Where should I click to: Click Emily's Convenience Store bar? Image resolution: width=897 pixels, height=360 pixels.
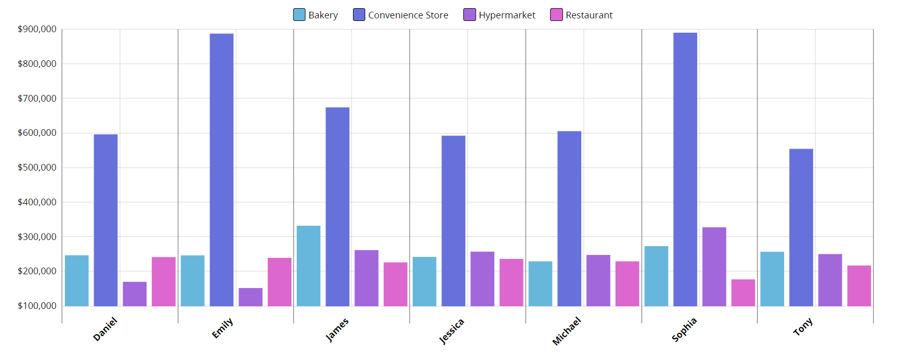pyautogui.click(x=222, y=170)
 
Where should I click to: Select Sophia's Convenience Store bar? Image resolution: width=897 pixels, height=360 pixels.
pyautogui.click(x=685, y=170)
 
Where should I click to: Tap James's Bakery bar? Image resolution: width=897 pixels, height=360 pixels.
pyautogui.click(x=309, y=266)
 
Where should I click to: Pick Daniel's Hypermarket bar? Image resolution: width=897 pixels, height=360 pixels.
pyautogui.click(x=135, y=294)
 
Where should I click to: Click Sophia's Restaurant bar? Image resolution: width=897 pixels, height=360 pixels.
pyautogui.click(x=743, y=293)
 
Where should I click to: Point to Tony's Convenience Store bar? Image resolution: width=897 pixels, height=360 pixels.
pyautogui.click(x=801, y=228)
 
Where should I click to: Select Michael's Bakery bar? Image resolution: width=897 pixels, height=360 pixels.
pyautogui.click(x=540, y=284)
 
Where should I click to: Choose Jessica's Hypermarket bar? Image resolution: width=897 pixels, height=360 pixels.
pyautogui.click(x=482, y=279)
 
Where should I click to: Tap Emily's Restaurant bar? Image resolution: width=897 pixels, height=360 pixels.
pyautogui.click(x=279, y=282)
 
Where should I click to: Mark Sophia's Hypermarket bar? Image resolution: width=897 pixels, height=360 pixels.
pyautogui.click(x=714, y=267)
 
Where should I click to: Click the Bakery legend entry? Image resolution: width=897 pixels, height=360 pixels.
pyautogui.click(x=316, y=15)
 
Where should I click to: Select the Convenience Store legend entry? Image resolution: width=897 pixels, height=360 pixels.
pyautogui.click(x=400, y=15)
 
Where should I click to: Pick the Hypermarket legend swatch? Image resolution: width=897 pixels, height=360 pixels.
pyautogui.click(x=469, y=15)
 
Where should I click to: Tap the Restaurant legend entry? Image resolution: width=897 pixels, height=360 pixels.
pyautogui.click(x=581, y=15)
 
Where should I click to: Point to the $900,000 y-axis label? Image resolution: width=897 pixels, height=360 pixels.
pyautogui.click(x=37, y=29)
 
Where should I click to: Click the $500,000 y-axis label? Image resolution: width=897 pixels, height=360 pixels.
pyautogui.click(x=37, y=167)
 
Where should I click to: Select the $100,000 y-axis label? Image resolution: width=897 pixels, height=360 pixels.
pyautogui.click(x=37, y=306)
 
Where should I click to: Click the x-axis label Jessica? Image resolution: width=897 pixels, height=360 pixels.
pyautogui.click(x=452, y=331)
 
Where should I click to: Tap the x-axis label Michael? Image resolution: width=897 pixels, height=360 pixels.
pyautogui.click(x=566, y=331)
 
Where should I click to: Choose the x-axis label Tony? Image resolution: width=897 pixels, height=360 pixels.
pyautogui.click(x=802, y=327)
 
